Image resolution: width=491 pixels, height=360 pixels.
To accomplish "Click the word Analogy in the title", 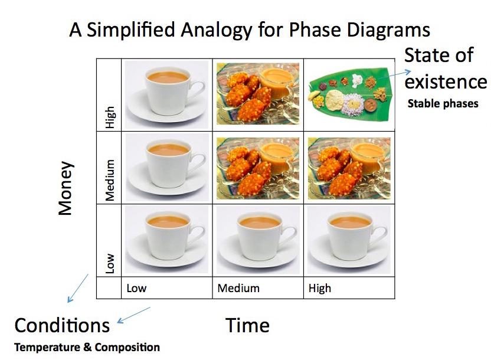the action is coord(217,31).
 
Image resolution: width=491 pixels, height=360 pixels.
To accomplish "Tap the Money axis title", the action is coord(66,188).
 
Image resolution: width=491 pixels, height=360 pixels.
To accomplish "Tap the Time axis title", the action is coord(247,325).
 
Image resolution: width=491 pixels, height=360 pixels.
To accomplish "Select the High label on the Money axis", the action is coord(110,117).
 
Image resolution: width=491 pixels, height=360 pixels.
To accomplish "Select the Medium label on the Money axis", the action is coord(110,181).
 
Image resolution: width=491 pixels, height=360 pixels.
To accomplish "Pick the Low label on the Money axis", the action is coord(110,264).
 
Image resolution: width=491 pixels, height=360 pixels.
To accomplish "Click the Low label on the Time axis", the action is coord(136,288).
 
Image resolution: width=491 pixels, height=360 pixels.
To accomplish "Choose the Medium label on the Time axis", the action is coord(238,288).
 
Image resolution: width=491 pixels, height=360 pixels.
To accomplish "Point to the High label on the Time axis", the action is coord(320,289).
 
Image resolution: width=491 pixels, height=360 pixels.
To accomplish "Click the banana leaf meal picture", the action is coord(349,94).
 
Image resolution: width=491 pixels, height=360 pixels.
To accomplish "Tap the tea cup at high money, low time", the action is coord(166,94).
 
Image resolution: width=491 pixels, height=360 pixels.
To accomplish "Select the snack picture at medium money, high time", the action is coord(349,168).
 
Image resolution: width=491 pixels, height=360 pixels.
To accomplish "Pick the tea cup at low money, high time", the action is coord(349,240).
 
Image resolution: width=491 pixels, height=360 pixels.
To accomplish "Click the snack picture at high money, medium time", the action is coord(258,94).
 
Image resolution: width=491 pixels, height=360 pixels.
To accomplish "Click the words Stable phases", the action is coord(443,104).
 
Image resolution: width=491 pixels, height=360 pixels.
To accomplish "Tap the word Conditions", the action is coord(62,325).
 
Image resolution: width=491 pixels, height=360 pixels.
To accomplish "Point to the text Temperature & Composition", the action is coord(87,347).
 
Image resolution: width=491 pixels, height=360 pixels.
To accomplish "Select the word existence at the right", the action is coord(446,81).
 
